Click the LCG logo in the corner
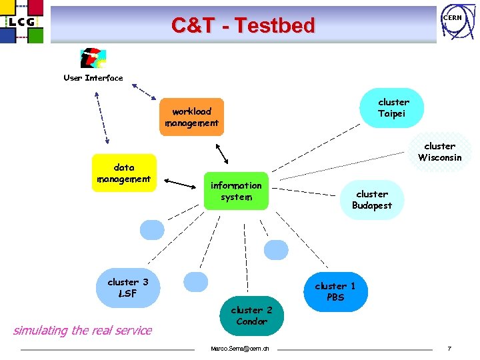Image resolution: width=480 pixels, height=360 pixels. pos(22,22)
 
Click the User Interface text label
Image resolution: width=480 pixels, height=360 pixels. pos(93,78)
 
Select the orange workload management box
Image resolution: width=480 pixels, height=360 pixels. pos(192,117)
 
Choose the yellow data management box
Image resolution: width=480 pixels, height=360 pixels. pos(125,173)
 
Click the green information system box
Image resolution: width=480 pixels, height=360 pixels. pos(236,191)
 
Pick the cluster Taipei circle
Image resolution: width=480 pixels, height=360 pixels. pos(393,107)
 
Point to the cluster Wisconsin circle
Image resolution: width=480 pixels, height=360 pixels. pos(440,152)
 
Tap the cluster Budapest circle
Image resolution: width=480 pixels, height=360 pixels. pos(372,199)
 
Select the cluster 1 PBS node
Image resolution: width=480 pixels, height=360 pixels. pos(335,291)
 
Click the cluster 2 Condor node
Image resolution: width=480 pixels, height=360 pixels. pos(251,315)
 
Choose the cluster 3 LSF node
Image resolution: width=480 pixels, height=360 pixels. pos(127,287)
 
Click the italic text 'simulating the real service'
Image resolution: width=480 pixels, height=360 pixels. pos(83,330)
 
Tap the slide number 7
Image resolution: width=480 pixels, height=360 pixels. pos(450,349)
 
